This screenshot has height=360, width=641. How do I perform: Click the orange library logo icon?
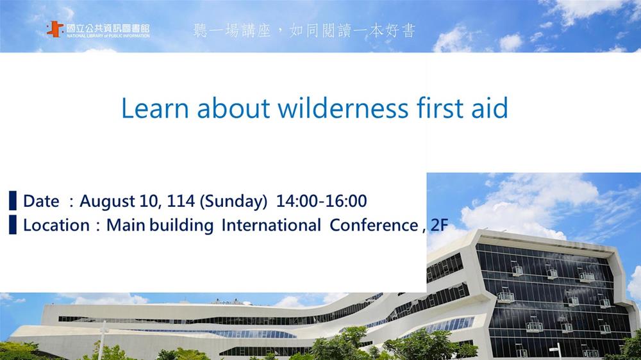[x=55, y=29]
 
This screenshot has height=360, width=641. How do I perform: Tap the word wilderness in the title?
[x=343, y=108]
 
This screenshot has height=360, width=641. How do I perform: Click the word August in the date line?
[x=106, y=201]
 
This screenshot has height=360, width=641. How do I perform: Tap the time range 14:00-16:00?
[x=321, y=200]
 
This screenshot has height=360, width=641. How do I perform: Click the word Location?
[x=56, y=225]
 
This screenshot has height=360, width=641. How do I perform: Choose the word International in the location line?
[x=271, y=225]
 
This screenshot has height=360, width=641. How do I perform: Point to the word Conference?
[x=374, y=225]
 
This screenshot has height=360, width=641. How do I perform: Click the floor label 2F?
[x=440, y=225]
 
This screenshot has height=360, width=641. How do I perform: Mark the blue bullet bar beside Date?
[x=13, y=200]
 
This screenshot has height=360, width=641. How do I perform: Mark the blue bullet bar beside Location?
[x=13, y=225]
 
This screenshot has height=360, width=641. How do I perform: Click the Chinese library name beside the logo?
[x=108, y=28]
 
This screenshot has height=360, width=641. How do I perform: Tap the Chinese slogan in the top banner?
[x=304, y=31]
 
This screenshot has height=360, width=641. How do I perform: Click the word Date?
[x=41, y=201]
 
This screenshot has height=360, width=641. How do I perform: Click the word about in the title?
[x=233, y=108]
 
